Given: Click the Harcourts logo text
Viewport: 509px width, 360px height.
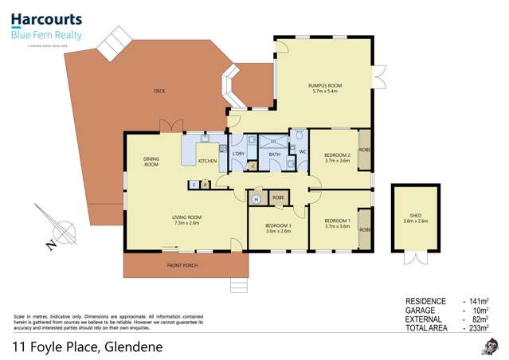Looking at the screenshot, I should [45, 20].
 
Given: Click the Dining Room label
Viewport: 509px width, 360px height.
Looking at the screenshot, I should [151, 161].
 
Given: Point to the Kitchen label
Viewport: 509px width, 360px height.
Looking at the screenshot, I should [208, 161].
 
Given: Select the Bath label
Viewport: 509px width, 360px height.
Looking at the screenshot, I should [274, 155].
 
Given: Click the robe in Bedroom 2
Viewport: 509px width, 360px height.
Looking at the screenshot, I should [364, 149].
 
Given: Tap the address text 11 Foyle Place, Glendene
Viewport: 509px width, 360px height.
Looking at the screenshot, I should [88, 346].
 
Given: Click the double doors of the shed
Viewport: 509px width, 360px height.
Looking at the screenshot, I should [416, 257].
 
